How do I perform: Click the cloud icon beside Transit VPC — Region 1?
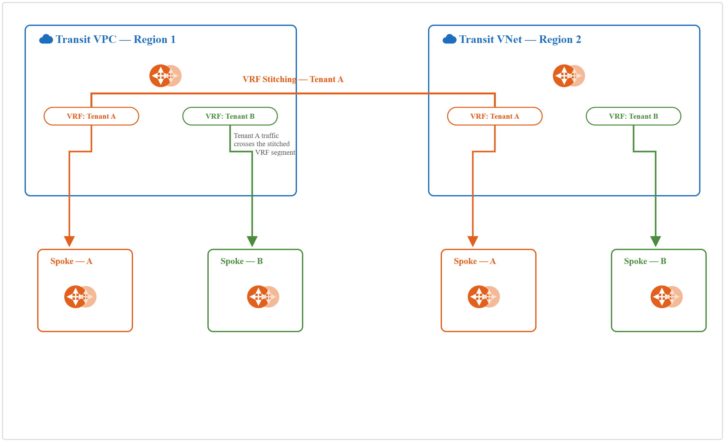coord(46,39)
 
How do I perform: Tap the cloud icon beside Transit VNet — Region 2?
coord(449,39)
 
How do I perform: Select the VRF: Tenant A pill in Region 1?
coord(91,116)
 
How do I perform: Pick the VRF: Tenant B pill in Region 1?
coord(230,116)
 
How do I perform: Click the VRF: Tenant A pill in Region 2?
coord(495,116)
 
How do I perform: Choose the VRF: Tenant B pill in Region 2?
coord(634,116)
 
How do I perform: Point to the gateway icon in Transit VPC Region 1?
coord(165,76)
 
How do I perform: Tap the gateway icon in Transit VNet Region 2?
coord(569,76)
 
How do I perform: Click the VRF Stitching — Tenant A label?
coord(293,79)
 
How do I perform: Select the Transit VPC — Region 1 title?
coord(115,39)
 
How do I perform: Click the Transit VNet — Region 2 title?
coord(520,39)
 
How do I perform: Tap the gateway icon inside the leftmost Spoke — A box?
coord(80,297)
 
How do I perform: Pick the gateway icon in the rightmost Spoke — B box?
coord(666,297)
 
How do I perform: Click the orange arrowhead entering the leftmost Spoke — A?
coord(69,241)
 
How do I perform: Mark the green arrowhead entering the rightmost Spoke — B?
coord(656,241)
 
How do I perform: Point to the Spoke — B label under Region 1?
coord(241,261)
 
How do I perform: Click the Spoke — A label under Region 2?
coord(475,261)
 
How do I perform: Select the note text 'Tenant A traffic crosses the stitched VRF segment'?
coord(264,144)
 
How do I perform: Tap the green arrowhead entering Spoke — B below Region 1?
coord(252,241)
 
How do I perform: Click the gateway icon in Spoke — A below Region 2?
coord(484,297)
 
